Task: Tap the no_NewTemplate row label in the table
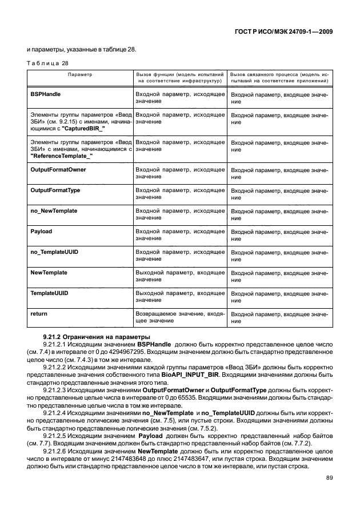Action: pyautogui.click(x=54, y=211)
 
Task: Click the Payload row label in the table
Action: pyautogui.click(x=41, y=232)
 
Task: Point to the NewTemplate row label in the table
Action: pyautogui.click(x=49, y=273)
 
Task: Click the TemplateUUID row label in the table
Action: pyautogui.click(x=49, y=293)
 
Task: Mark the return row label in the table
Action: pyautogui.click(x=38, y=314)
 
